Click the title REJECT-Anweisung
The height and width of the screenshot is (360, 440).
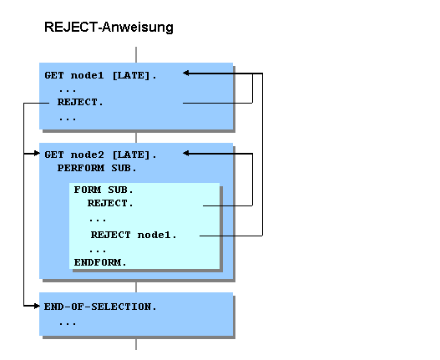pyautogui.click(x=109, y=28)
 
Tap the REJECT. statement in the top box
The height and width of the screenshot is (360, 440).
pyautogui.click(x=80, y=103)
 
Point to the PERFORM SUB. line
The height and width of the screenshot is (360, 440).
pyautogui.click(x=96, y=168)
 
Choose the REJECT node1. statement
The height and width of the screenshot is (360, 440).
pyautogui.click(x=134, y=235)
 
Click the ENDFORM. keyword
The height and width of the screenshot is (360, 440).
pyautogui.click(x=100, y=262)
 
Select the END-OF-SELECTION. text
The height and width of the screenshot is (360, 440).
pyautogui.click(x=100, y=307)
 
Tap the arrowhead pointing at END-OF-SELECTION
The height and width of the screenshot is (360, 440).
pyautogui.click(x=36, y=307)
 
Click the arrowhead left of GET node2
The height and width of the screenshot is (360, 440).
pyautogui.click(x=36, y=154)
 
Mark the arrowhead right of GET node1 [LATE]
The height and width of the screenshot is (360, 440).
pyautogui.click(x=187, y=74)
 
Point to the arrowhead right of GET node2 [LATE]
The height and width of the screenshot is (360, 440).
pyautogui.click(x=187, y=154)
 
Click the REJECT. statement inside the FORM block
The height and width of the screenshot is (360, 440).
pyautogui.click(x=110, y=203)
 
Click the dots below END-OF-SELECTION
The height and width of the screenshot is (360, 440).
pyautogui.click(x=68, y=321)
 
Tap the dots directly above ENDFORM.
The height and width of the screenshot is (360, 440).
pyautogui.click(x=98, y=249)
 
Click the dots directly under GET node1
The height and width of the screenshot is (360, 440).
pyautogui.click(x=68, y=89)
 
